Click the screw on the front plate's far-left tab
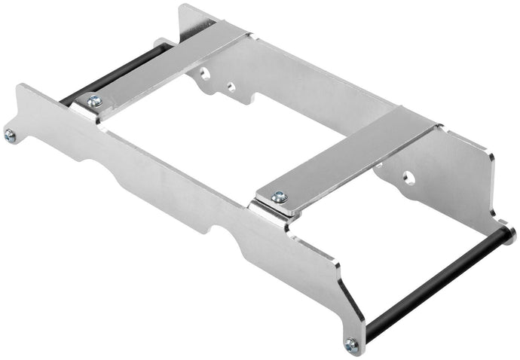click(10, 136)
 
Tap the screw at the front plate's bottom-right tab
click(351, 343)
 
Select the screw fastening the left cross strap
click(94, 101)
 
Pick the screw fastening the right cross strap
click(279, 197)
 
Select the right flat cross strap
click(347, 158)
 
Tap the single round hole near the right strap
click(408, 178)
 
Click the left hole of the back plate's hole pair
click(204, 74)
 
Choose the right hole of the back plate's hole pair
click(231, 87)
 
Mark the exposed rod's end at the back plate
click(509, 234)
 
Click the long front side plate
click(188, 203)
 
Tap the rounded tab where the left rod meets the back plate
click(161, 44)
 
